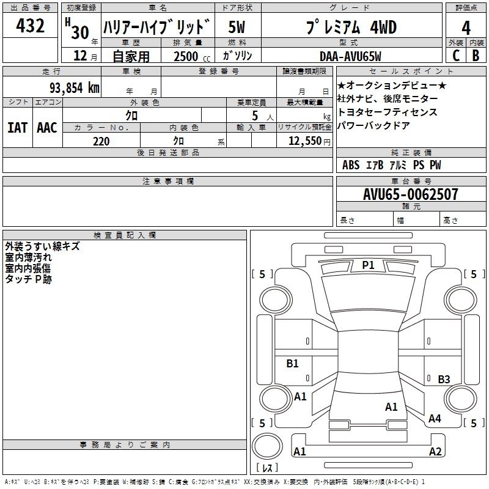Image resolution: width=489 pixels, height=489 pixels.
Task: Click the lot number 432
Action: (30, 26)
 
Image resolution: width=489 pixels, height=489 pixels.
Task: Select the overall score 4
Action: (466, 28)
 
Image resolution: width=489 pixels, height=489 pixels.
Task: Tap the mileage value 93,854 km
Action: (74, 87)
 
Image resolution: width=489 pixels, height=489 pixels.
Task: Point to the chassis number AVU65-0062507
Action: (410, 194)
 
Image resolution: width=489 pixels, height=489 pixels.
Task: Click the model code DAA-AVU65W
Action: (350, 56)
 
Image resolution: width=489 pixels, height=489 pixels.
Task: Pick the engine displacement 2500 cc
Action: (192, 56)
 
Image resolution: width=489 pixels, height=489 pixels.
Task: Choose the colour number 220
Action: (101, 141)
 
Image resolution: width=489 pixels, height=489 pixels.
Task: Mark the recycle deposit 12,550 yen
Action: (309, 141)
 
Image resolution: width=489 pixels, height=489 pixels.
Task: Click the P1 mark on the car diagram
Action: (368, 265)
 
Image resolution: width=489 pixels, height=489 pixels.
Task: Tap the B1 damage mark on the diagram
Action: (292, 363)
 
